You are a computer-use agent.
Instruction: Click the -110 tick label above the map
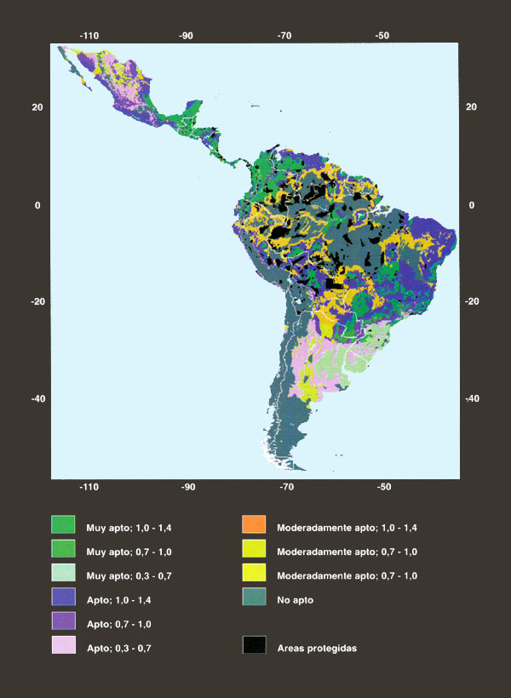[89, 37]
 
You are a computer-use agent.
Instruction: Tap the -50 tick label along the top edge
[383, 37]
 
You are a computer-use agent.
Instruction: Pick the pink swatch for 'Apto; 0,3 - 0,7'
[64, 646]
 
